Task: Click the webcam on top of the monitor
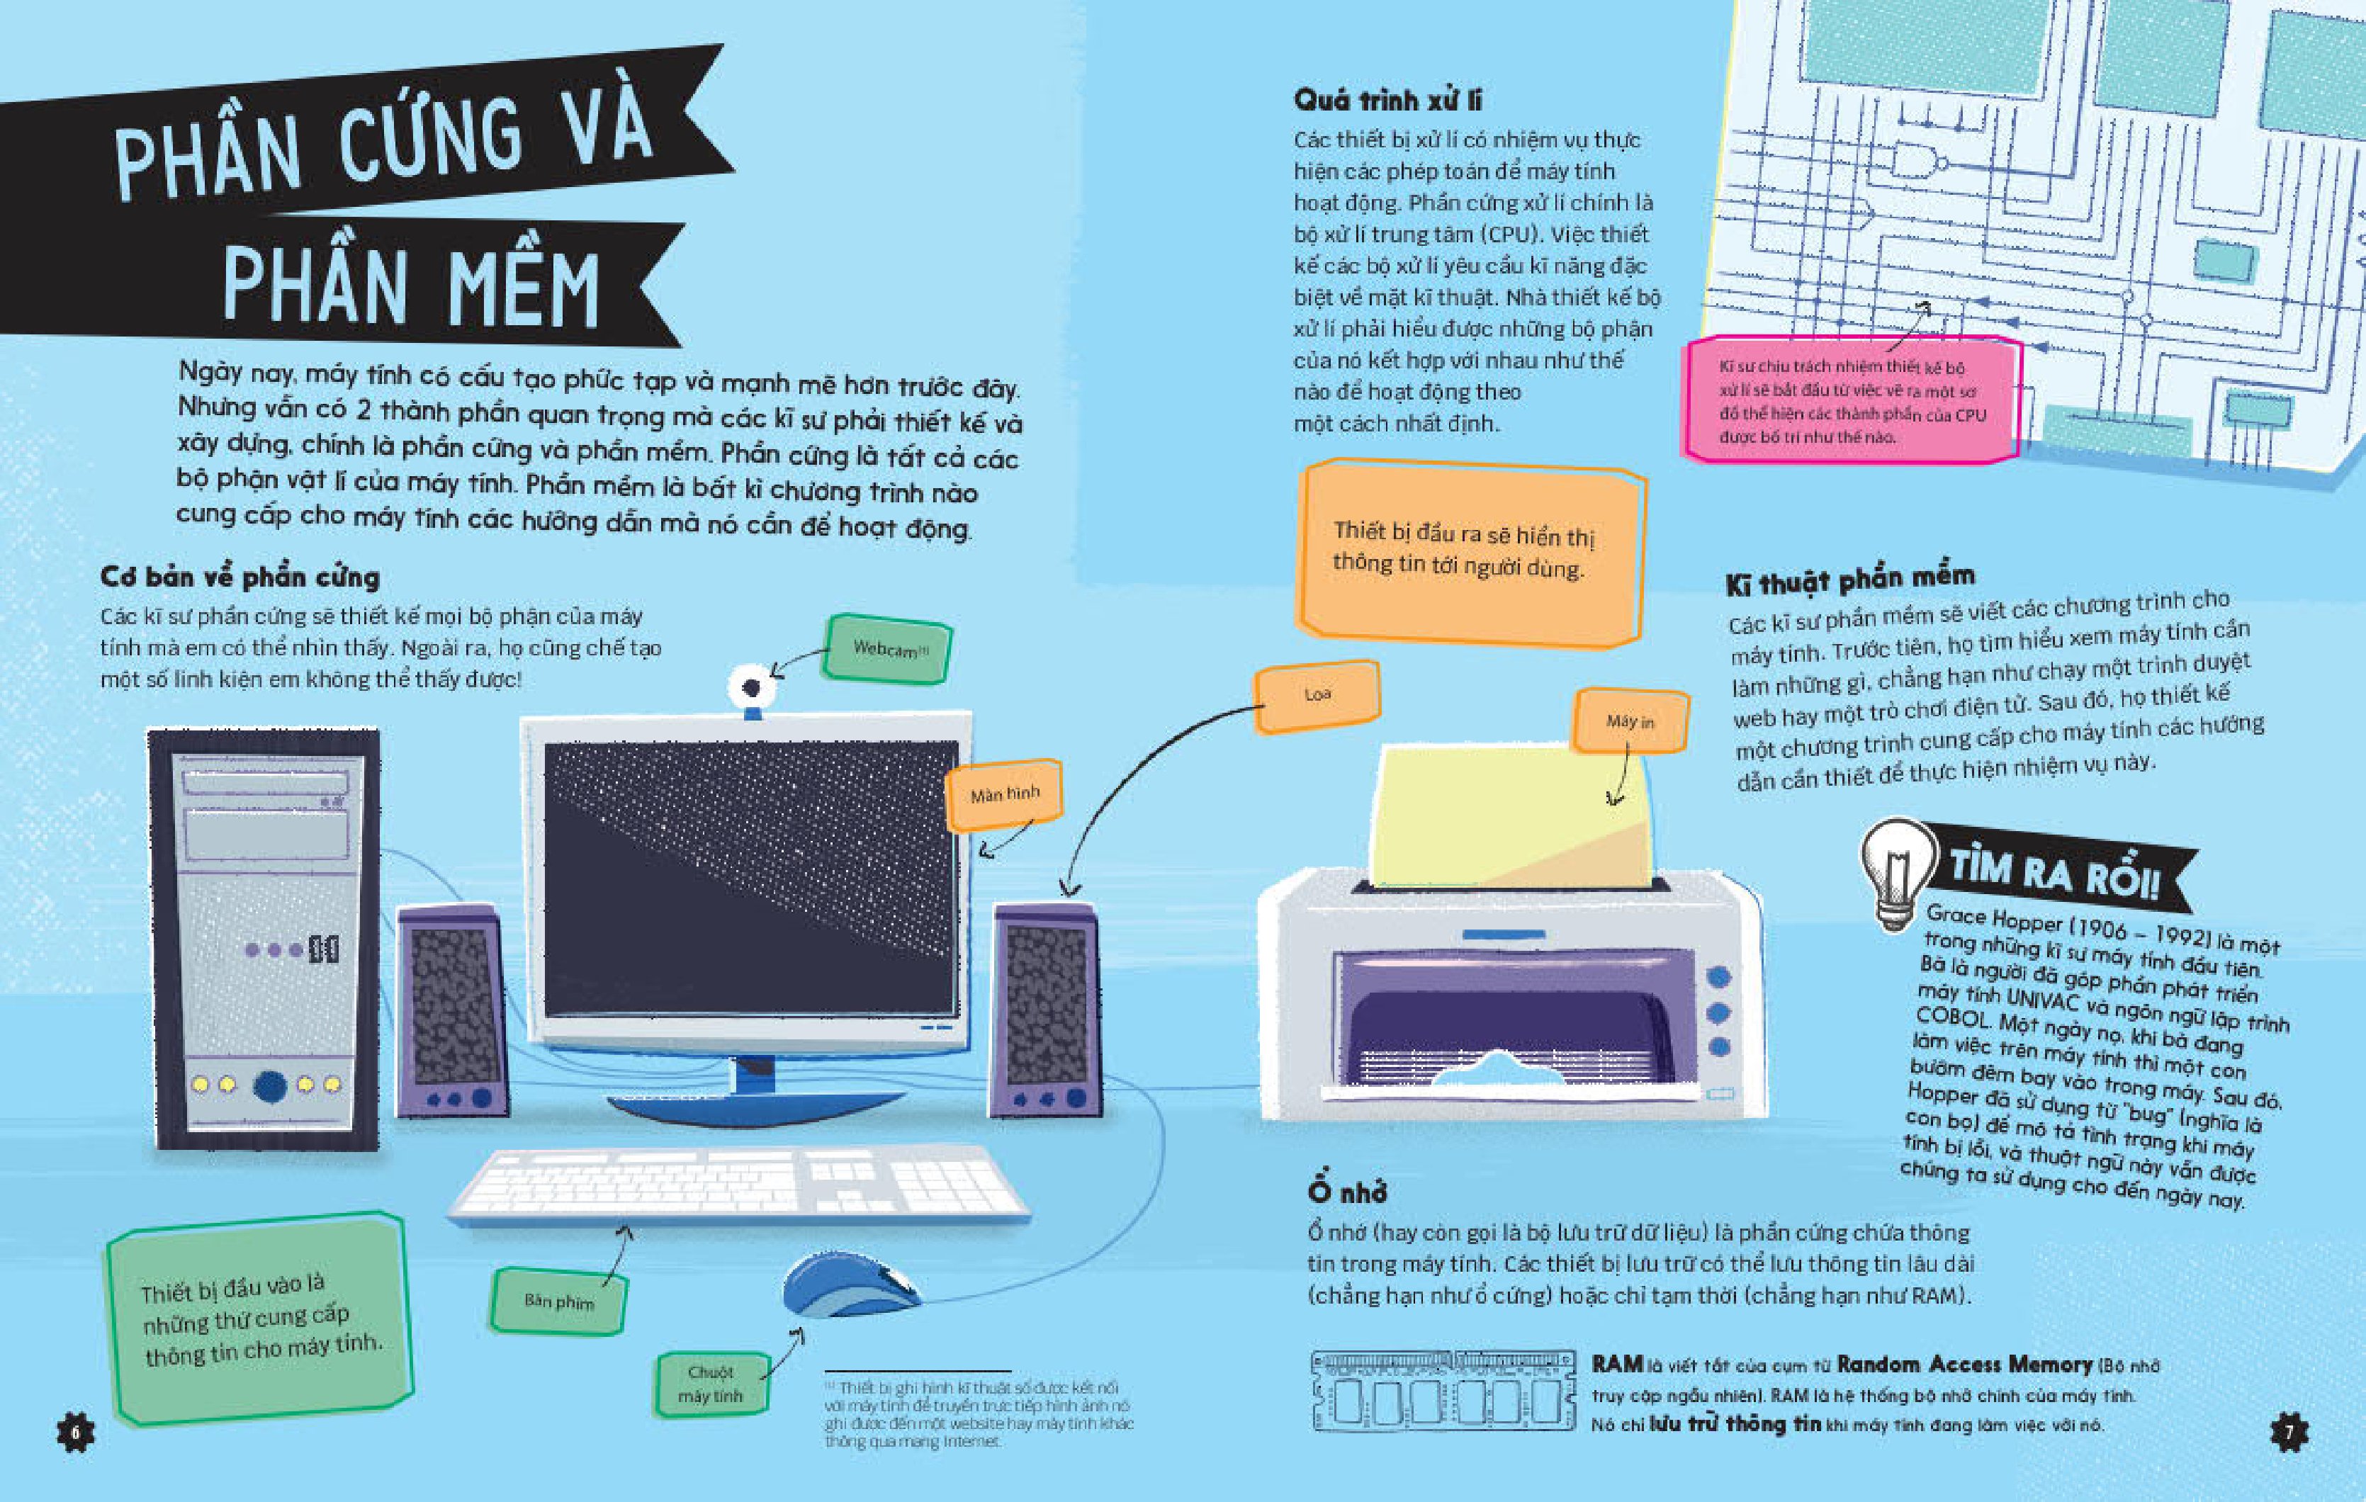(x=752, y=691)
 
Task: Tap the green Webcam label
(x=887, y=648)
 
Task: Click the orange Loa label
(x=1317, y=696)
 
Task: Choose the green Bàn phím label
(x=558, y=1301)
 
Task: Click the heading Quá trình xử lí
(x=1387, y=99)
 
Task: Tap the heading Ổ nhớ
(x=1346, y=1190)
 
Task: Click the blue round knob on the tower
(x=270, y=1085)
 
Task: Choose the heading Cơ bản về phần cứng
(x=240, y=577)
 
